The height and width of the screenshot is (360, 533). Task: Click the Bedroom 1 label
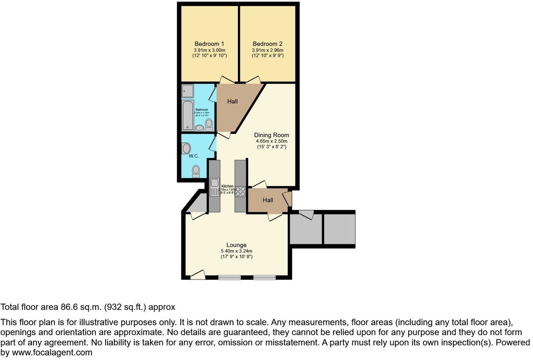[x=209, y=44]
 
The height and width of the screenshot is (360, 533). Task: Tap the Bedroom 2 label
[x=267, y=44]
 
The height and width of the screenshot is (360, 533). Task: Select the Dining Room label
[x=271, y=135]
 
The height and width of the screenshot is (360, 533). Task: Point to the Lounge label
[x=236, y=245]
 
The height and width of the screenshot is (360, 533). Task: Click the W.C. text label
[x=194, y=156]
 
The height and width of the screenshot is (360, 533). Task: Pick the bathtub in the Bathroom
[x=188, y=115]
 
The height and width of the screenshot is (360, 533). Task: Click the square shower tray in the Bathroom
[x=188, y=91]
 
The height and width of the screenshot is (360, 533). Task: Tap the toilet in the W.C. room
[x=196, y=171]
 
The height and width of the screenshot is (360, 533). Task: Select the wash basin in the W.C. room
[x=186, y=148]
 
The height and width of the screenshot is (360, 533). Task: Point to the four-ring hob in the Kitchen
[x=240, y=192]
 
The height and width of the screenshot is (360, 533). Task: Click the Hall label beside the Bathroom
[x=232, y=101]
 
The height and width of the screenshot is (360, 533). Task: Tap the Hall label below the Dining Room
[x=268, y=200]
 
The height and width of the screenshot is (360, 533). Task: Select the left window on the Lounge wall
[x=229, y=278]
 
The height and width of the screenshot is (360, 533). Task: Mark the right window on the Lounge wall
[x=264, y=278]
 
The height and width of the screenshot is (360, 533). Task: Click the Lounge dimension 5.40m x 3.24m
[x=236, y=251]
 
